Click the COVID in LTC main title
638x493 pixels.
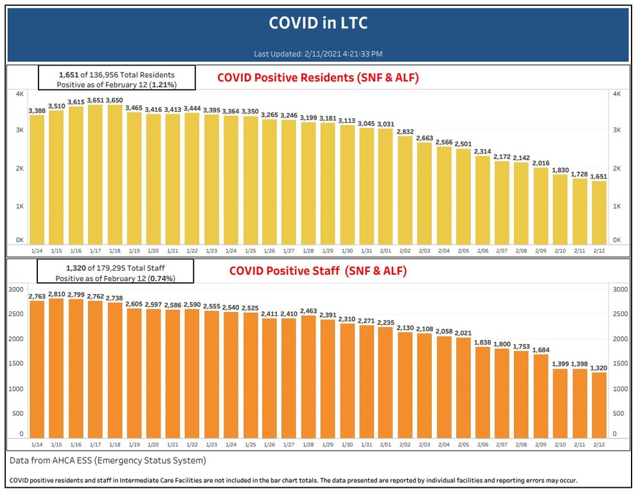(318, 23)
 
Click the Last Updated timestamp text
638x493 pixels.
(318, 54)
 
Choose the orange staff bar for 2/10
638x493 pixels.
(560, 404)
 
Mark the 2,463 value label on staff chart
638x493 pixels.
(308, 310)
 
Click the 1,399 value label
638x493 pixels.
(560, 363)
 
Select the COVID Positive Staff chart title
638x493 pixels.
(318, 271)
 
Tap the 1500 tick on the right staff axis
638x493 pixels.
(617, 363)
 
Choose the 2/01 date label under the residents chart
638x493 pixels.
(385, 250)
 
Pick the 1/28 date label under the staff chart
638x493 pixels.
(308, 444)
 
